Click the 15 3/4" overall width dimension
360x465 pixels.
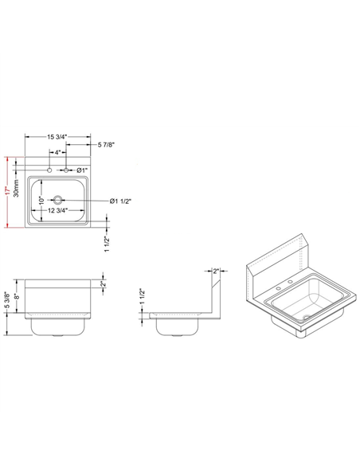[x=57, y=137]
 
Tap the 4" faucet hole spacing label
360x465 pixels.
[x=58, y=152]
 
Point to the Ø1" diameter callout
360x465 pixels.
[x=84, y=170]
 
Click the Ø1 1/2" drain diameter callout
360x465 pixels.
[x=121, y=200]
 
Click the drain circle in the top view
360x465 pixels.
[x=58, y=199]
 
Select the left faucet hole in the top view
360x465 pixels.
[x=49, y=170]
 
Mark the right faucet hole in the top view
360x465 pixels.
[x=67, y=170]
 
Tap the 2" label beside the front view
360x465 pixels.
[x=104, y=284]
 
